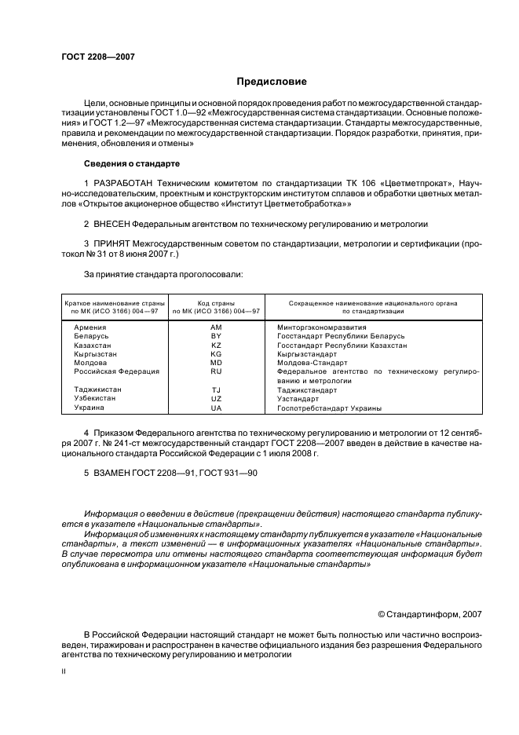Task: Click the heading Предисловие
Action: tap(272, 82)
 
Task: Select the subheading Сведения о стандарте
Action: tap(132, 163)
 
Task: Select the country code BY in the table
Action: tap(216, 336)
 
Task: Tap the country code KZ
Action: tap(216, 345)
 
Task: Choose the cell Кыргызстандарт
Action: tap(309, 354)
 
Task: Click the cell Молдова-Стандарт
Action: tap(312, 363)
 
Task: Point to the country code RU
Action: tap(216, 371)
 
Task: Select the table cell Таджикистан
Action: tap(97, 389)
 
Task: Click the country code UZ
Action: tap(216, 398)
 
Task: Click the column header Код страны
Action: tap(216, 302)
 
